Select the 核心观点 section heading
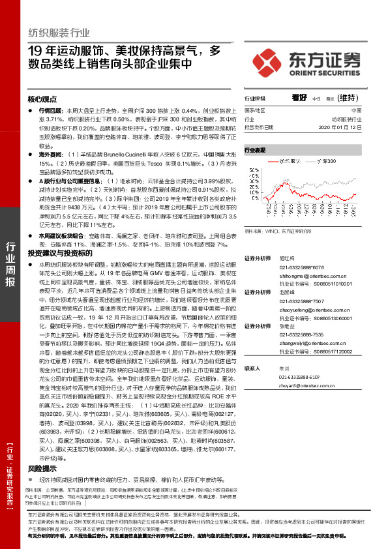point(43,100)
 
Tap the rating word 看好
point(299,98)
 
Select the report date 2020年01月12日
point(351,128)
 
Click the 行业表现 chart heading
point(256,149)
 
